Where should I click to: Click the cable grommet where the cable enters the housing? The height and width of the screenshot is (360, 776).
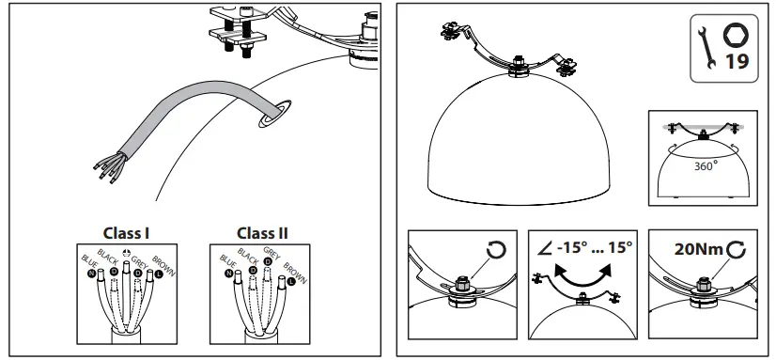click(271, 114)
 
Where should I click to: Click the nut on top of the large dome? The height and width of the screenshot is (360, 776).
click(518, 67)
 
